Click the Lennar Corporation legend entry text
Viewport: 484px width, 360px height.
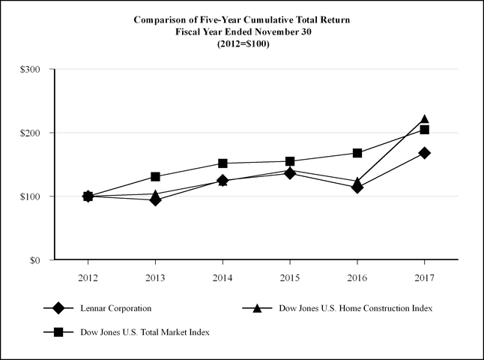[115, 308]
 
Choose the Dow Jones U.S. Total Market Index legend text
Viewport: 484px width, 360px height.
[143, 331]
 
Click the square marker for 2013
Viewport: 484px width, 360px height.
[155, 177]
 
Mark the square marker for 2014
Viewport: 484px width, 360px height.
[223, 163]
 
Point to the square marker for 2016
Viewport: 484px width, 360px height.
[357, 153]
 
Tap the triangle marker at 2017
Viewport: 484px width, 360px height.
[425, 119]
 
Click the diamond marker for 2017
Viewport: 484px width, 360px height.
[425, 153]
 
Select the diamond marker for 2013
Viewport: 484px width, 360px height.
[155, 200]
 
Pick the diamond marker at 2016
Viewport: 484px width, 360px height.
[357, 187]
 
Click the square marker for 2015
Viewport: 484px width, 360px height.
[290, 161]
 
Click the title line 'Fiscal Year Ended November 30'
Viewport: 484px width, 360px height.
[242, 31]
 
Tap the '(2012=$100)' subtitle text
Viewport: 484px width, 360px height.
[242, 43]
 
